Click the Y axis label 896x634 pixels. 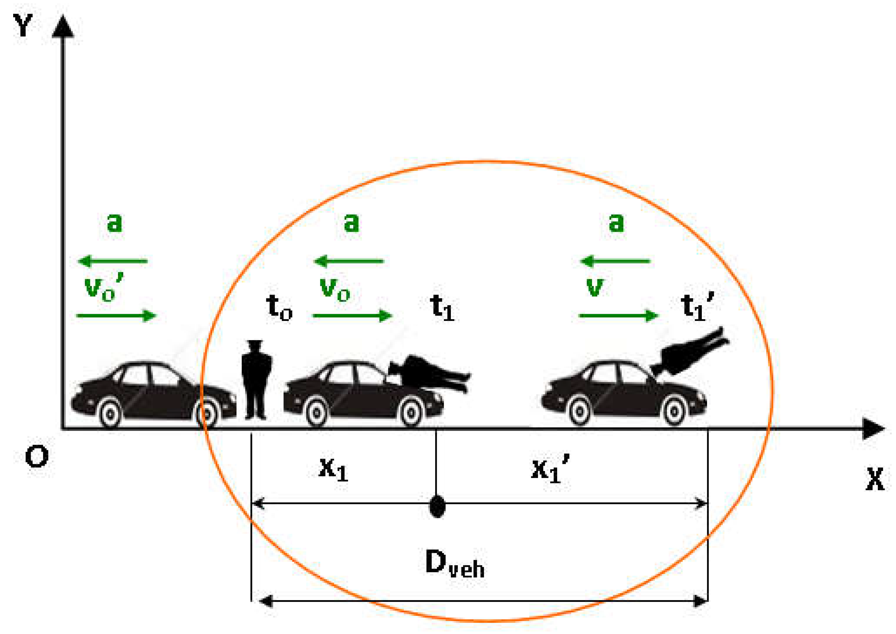23,25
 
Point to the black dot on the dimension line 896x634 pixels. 437,507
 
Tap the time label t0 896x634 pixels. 279,307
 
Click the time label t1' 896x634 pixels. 696,307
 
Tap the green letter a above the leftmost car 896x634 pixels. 114,223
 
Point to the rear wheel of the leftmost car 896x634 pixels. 110,413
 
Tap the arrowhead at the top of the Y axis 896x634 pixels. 63,27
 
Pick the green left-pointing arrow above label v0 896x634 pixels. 349,261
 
